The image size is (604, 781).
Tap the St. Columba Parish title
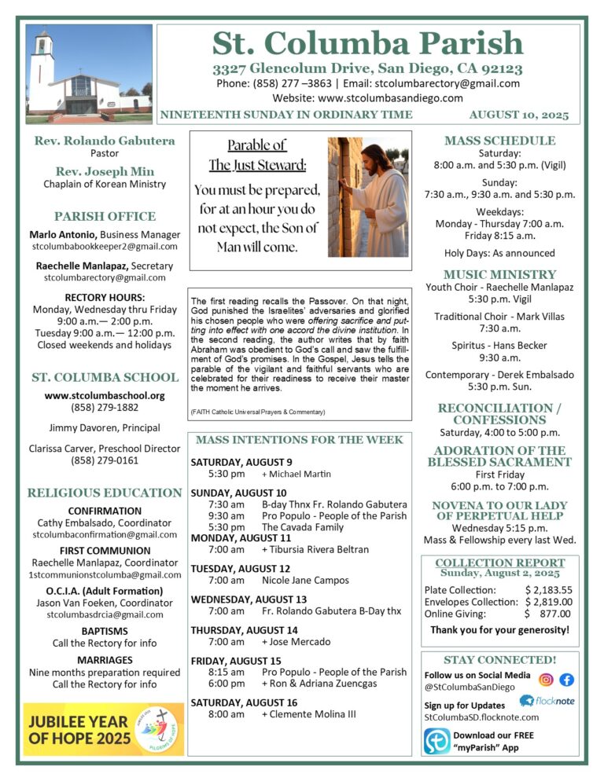click(367, 42)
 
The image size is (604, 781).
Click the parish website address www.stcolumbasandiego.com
click(367, 98)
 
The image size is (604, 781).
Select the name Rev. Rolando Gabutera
click(105, 141)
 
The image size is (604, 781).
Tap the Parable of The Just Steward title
click(257, 155)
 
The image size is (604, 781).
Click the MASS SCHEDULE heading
click(499, 141)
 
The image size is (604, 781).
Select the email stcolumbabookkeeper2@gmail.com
click(105, 247)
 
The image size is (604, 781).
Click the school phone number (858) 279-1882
click(105, 408)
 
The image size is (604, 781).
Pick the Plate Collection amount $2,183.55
click(548, 590)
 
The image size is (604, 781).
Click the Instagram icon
click(546, 680)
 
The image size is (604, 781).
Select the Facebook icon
click(566, 680)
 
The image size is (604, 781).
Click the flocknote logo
click(546, 701)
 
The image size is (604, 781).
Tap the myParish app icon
click(436, 741)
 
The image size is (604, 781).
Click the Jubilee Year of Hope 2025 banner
click(104, 729)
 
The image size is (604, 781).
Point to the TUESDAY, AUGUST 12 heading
click(240, 568)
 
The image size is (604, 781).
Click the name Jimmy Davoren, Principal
click(105, 428)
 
